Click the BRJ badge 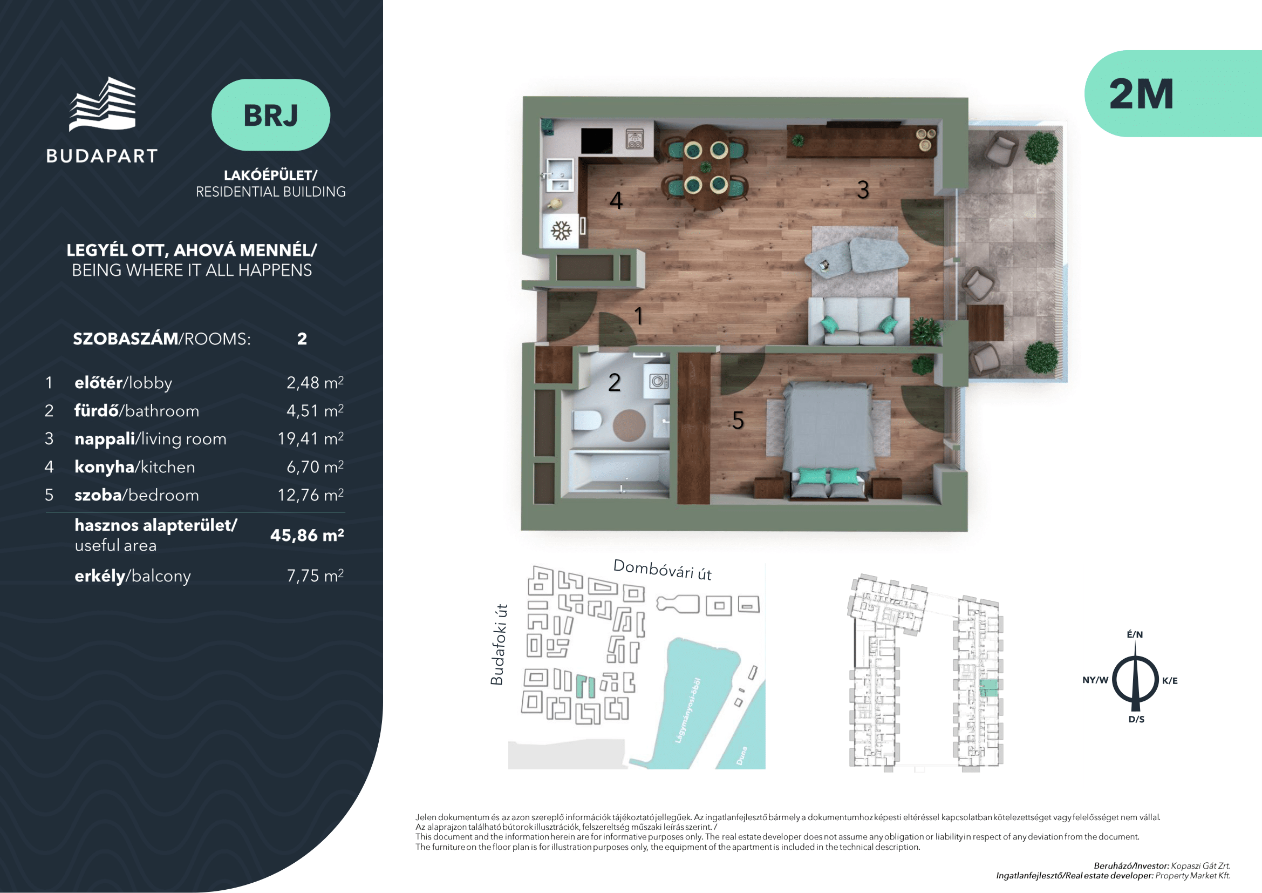click(x=270, y=115)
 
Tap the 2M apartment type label click(x=1141, y=94)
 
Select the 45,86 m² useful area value click(x=306, y=535)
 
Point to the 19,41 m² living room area click(x=311, y=438)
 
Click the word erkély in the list click(x=100, y=576)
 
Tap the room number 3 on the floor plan click(x=863, y=190)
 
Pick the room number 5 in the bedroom click(x=738, y=420)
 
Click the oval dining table click(x=706, y=167)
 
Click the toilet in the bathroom click(x=586, y=421)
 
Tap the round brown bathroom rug click(x=629, y=425)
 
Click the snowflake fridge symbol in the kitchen click(x=561, y=231)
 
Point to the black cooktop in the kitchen click(x=596, y=141)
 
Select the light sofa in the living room click(x=858, y=321)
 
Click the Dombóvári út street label click(x=663, y=570)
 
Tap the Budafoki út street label click(x=497, y=645)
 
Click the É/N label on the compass click(x=1135, y=634)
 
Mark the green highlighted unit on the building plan click(x=989, y=688)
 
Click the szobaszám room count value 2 click(x=302, y=339)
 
